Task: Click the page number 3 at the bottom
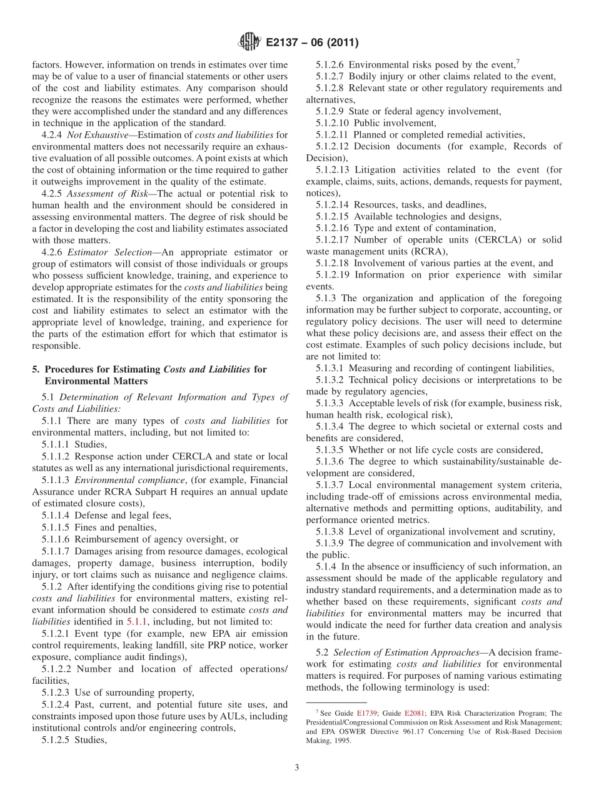(297, 767)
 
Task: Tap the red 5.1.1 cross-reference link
(136, 622)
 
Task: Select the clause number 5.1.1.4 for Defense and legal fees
(56, 516)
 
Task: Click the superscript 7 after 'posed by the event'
(516, 61)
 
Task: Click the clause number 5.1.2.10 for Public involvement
(332, 123)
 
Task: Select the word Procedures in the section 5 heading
(70, 369)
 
